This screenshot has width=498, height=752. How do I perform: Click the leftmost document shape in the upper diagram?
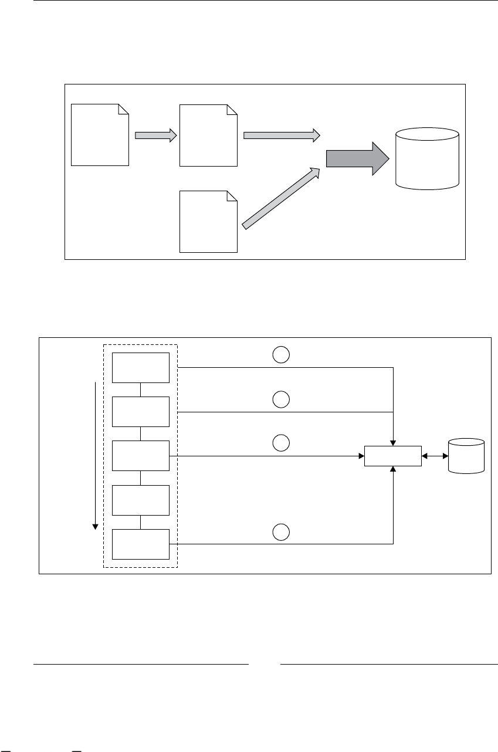coord(100,135)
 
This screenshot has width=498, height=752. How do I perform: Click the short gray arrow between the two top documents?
coord(155,135)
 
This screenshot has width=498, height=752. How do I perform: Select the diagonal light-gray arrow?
coord(282,198)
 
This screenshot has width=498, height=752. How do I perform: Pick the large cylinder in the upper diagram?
coord(427,158)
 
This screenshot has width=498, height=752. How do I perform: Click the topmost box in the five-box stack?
coord(141,368)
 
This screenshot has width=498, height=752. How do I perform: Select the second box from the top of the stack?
coord(141,412)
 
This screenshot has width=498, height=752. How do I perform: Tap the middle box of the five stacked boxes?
coord(141,456)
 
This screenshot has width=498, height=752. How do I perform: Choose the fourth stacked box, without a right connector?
coord(141,500)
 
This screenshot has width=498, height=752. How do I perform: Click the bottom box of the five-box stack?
coord(141,544)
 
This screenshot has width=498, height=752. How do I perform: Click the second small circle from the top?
coord(281,399)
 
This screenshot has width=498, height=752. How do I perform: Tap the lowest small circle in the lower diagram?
coord(281,531)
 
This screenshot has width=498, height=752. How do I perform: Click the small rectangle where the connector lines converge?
coord(392,456)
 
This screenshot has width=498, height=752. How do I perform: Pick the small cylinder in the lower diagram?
coord(466,455)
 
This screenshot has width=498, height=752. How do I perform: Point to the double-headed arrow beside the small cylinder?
coord(435,456)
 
